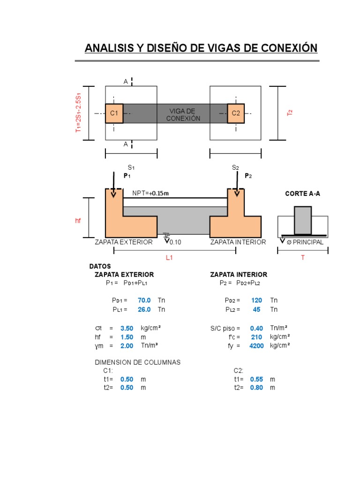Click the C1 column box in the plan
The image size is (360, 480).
click(114, 113)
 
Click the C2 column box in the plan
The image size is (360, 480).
click(236, 113)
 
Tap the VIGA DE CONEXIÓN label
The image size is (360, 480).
click(183, 114)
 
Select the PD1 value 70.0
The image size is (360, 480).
click(144, 300)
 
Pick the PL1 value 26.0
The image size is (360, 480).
click(144, 310)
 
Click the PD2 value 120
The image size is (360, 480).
click(256, 300)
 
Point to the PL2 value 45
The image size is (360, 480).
click(257, 310)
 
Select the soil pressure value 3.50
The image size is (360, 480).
click(127, 329)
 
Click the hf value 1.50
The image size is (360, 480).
click(127, 337)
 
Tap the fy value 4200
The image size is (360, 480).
click(256, 346)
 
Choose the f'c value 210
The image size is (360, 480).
click(256, 337)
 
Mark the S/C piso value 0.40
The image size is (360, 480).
click(256, 329)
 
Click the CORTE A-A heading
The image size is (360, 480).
click(303, 193)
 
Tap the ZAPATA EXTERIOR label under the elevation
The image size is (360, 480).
click(124, 242)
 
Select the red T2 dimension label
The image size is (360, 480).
click(290, 113)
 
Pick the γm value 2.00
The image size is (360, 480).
click(127, 346)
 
